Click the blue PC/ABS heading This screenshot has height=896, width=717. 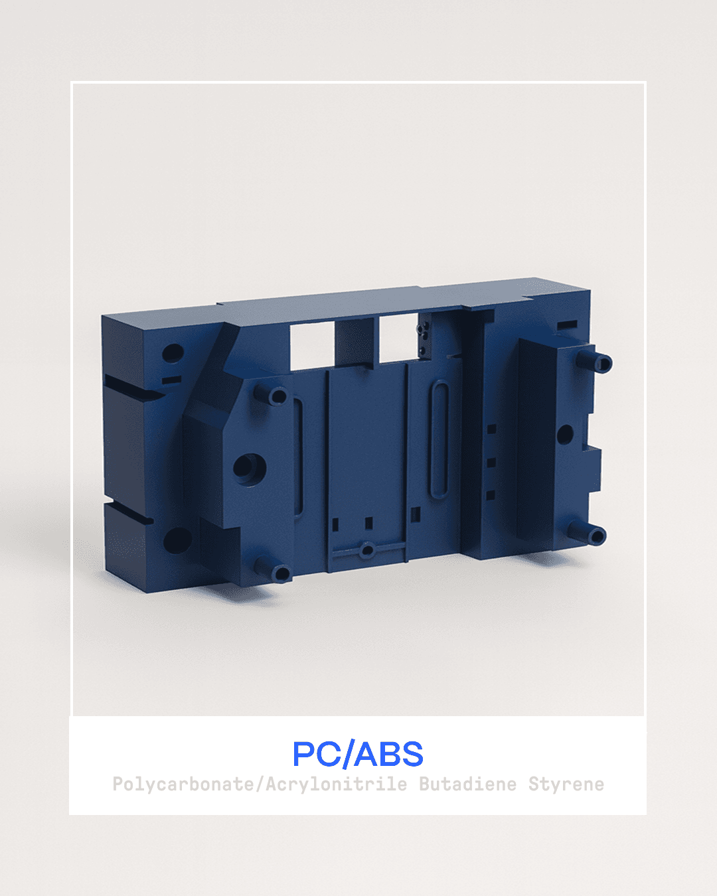click(358, 754)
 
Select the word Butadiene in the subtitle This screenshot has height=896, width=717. click(467, 784)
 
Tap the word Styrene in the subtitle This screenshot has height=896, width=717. click(566, 784)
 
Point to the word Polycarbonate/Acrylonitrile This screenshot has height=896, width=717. click(260, 784)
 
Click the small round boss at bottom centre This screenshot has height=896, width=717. click(366, 550)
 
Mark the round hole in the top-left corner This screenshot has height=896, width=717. click(172, 352)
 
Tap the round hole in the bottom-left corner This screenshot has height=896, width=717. click(177, 540)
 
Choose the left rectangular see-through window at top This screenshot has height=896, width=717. click(312, 344)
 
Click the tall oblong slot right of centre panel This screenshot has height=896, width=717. click(438, 439)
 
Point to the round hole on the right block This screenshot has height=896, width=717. click(564, 435)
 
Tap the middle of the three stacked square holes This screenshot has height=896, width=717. click(491, 462)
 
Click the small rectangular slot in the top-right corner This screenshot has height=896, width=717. click(567, 325)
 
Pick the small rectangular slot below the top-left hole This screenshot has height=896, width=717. click(171, 380)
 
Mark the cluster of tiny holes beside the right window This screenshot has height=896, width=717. click(422, 338)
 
